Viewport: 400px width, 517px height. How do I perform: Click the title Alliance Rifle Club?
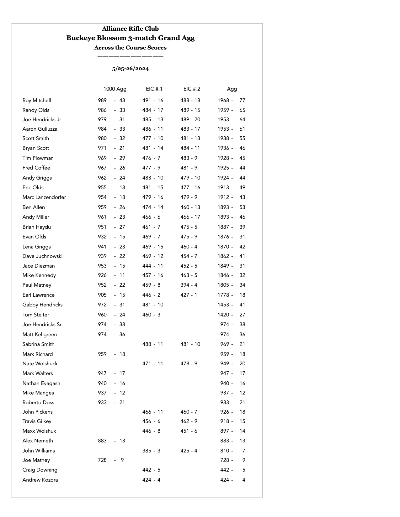click(x=130, y=29)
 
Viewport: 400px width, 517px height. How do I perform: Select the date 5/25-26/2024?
click(x=130, y=69)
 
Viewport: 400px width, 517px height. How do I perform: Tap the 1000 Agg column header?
click(x=115, y=89)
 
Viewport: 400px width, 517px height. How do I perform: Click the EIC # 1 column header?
click(x=154, y=89)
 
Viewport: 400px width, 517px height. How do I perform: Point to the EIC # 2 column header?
click(x=192, y=89)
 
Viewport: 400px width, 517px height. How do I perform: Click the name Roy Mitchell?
click(x=37, y=101)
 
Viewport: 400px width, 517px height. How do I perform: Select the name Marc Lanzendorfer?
click(x=44, y=197)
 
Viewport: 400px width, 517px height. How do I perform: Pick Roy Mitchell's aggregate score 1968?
click(x=223, y=101)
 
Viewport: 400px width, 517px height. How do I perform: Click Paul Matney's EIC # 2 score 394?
click(x=185, y=285)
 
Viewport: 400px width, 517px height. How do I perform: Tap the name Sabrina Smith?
click(x=38, y=344)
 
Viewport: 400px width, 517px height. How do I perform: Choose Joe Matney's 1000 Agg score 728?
click(x=102, y=460)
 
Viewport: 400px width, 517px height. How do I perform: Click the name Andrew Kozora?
click(x=40, y=480)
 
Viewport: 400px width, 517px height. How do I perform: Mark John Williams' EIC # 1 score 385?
click(x=147, y=451)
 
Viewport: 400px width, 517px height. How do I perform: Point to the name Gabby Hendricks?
click(x=42, y=305)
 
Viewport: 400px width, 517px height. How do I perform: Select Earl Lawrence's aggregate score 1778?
click(x=223, y=295)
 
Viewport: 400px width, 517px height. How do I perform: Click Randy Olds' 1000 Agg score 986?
click(x=102, y=110)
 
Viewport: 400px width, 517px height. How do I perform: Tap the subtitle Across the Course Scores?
click(x=130, y=48)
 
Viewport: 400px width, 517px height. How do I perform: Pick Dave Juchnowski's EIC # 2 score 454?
click(x=185, y=256)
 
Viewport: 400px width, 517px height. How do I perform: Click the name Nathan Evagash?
click(x=41, y=384)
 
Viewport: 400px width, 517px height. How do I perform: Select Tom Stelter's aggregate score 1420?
click(x=223, y=315)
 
